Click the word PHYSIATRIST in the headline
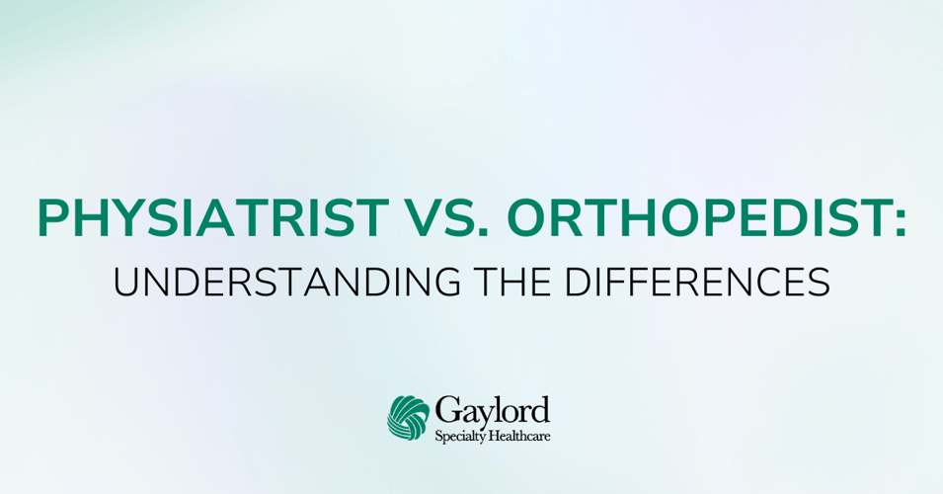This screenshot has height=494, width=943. (213, 217)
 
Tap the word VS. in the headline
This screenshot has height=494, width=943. (448, 217)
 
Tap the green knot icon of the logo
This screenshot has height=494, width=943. (408, 418)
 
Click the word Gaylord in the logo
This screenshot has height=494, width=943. (492, 412)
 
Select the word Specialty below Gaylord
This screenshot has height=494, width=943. (460, 437)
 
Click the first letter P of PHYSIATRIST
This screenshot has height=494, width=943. (53, 217)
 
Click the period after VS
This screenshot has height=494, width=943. (483, 232)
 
